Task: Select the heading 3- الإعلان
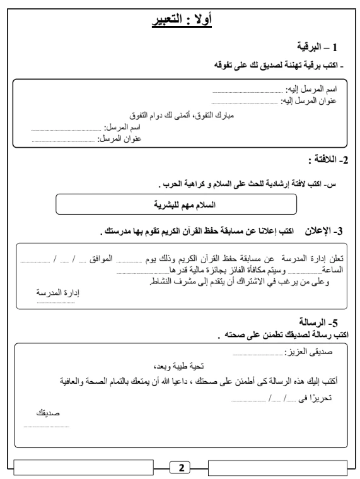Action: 327,230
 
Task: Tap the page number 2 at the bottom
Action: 181,468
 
